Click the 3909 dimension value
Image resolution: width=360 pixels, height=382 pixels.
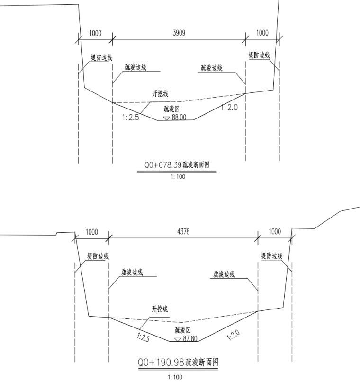tap(179, 33)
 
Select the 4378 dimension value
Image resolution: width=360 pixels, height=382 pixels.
tap(183, 231)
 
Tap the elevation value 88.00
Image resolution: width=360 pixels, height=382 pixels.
tap(179, 117)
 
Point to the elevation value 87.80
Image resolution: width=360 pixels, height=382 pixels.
tap(190, 338)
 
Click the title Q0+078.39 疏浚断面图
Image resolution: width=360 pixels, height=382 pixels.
tap(177, 165)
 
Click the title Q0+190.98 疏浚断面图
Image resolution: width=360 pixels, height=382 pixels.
tap(178, 362)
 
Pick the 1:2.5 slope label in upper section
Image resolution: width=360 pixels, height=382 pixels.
tap(130, 117)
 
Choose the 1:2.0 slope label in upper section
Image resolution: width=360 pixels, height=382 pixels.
tap(229, 107)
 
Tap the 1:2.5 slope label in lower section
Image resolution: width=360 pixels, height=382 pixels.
tap(143, 337)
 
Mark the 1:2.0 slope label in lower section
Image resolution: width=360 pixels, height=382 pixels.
tap(233, 335)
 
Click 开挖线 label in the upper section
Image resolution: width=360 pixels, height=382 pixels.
tap(160, 94)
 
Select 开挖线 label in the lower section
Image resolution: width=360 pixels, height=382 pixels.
tap(160, 309)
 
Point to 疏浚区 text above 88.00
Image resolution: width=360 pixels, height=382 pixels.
tap(171, 109)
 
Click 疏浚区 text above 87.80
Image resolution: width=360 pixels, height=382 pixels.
tap(182, 330)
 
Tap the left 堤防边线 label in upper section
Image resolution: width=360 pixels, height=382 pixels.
tap(101, 57)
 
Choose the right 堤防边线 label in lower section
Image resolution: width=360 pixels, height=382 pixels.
tap(271, 256)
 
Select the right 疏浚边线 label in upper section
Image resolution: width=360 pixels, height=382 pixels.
tap(212, 68)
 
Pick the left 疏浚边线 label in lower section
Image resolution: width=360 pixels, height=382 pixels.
tap(132, 272)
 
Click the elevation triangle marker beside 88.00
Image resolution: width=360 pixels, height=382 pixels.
tap(166, 118)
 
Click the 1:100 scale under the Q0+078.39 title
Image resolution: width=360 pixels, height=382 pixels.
tap(178, 177)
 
